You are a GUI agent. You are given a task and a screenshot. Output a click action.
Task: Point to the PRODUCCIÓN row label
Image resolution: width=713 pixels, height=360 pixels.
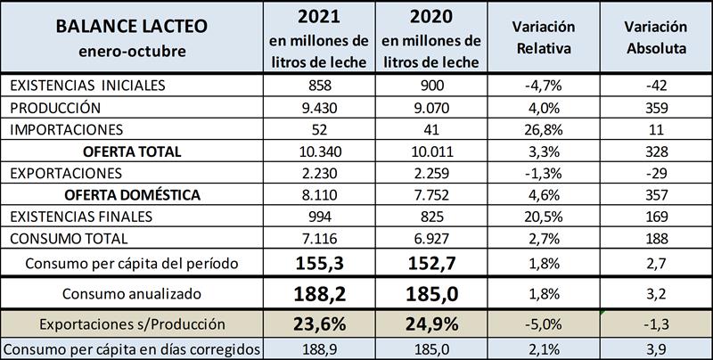point(54,106)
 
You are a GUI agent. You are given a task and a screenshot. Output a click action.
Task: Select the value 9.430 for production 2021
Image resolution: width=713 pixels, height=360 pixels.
point(319,106)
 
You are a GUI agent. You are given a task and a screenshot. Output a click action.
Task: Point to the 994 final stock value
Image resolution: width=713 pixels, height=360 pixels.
point(319,217)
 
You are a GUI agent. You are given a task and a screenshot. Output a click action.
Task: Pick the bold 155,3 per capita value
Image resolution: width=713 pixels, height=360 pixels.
point(319,263)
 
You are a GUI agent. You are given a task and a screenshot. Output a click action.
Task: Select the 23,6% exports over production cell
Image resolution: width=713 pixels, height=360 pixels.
point(319,323)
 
